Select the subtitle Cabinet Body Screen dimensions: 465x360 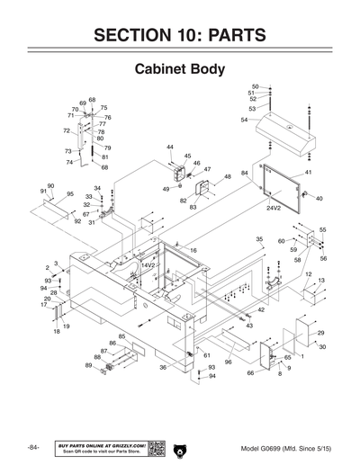click(x=179, y=69)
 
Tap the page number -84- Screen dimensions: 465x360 click(x=33, y=447)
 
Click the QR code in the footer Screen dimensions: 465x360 click(x=157, y=447)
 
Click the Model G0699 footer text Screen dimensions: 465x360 click(x=283, y=447)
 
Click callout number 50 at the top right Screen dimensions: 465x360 click(x=253, y=85)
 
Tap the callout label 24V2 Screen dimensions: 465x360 click(x=274, y=207)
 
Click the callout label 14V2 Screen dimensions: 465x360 click(x=148, y=266)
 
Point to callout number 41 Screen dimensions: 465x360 click(x=308, y=172)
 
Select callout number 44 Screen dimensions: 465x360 click(x=169, y=147)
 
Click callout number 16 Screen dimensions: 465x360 click(x=193, y=250)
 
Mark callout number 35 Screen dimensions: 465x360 click(x=259, y=239)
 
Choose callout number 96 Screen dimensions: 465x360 click(x=229, y=362)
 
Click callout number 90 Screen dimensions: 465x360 click(x=50, y=185)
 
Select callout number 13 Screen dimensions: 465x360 click(x=321, y=281)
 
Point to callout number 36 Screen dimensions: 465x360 click(x=163, y=367)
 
